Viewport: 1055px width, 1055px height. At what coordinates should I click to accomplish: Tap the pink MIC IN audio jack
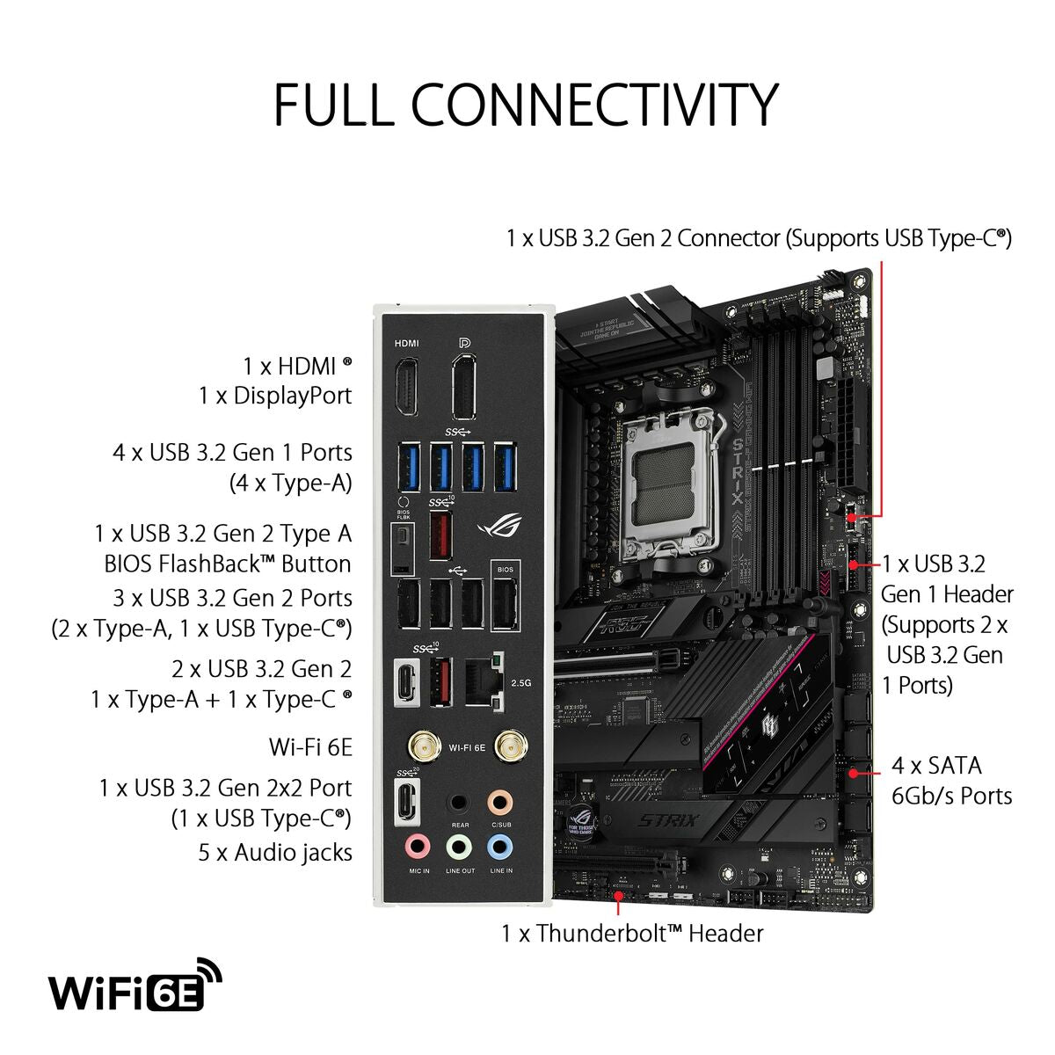tap(418, 847)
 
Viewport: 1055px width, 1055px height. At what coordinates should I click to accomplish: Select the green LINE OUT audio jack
tap(459, 847)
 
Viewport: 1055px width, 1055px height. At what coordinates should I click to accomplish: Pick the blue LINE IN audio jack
tap(500, 847)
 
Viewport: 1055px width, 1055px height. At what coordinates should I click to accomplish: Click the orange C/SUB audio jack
tap(500, 802)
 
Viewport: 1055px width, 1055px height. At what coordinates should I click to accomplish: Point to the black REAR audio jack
tap(459, 802)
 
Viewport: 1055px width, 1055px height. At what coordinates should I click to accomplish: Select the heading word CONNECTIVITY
tap(594, 105)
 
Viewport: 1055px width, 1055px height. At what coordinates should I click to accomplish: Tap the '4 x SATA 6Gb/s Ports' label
tap(951, 781)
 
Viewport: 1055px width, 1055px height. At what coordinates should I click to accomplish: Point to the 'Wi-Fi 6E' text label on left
tap(309, 747)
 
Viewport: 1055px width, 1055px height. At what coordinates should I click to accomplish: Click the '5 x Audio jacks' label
tap(275, 852)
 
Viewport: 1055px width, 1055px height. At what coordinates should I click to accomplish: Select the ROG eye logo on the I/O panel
tap(498, 527)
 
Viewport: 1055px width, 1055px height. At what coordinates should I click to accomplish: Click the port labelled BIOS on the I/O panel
tap(505, 602)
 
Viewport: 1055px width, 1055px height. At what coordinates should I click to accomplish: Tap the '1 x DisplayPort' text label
tap(275, 396)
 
